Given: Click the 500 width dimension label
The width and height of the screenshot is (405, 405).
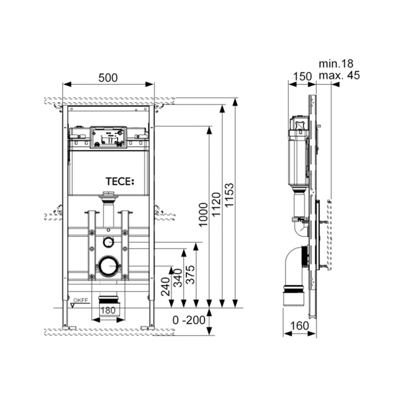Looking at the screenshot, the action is [x=108, y=78].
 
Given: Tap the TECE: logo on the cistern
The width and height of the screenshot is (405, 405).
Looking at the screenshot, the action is [x=120, y=182].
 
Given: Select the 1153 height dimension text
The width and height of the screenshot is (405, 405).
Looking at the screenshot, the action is [x=229, y=195].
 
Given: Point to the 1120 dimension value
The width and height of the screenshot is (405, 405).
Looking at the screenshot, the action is [x=216, y=204].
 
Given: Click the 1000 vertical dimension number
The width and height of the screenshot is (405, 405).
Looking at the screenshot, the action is [x=203, y=215].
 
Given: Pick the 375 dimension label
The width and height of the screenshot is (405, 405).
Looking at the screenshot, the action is [x=191, y=274].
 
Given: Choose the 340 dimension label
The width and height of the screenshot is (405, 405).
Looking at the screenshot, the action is [x=178, y=278].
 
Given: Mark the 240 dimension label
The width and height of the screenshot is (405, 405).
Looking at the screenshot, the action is [x=166, y=286].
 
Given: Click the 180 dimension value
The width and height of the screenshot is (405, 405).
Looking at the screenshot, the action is [x=108, y=310].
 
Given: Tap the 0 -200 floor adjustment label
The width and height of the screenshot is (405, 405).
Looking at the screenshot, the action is [x=189, y=320].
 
